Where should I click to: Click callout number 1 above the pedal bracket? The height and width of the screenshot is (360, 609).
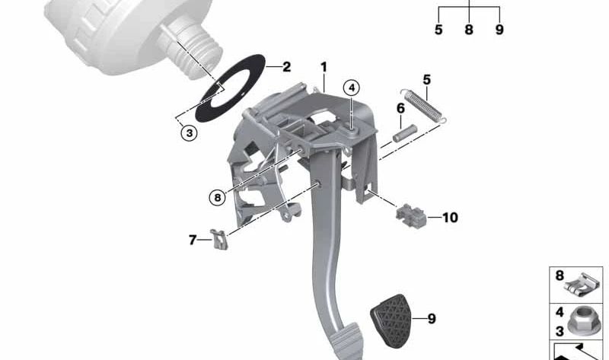coord(324,68)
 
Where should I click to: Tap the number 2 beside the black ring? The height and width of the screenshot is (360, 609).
coord(286,67)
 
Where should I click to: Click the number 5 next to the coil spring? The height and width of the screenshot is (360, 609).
coord(426,79)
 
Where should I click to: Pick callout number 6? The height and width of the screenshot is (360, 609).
coord(400,108)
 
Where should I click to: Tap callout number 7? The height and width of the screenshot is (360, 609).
coord(193,241)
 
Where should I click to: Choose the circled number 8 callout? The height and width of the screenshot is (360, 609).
coord(218,197)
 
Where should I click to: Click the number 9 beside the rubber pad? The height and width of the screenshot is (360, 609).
coord(431,319)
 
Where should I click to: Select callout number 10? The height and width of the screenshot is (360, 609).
coord(449,218)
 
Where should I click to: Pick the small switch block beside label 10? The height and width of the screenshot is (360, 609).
coord(412,215)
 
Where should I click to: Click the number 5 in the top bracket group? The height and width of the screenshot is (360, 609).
coord(438,30)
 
